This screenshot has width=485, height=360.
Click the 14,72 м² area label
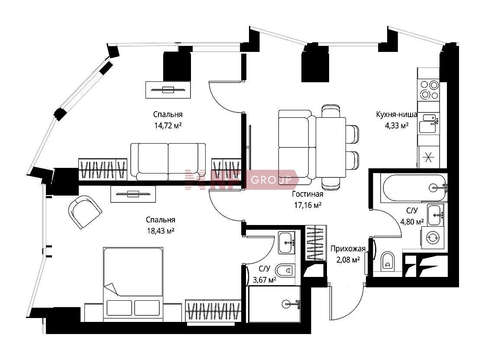(168, 126)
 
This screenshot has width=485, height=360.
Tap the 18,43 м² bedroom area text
(161, 231)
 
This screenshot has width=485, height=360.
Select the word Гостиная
(307, 194)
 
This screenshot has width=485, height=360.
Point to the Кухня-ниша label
(397, 114)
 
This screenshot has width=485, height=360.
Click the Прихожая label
(348, 249)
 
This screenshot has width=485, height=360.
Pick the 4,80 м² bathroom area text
(412, 222)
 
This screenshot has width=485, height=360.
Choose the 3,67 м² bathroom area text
(265, 280)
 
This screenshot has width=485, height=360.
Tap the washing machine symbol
(433, 238)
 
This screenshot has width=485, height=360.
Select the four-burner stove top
(429, 90)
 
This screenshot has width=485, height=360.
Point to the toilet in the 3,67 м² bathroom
(284, 271)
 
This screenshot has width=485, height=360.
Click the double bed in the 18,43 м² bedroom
(133, 284)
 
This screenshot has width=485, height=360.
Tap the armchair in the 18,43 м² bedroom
(85, 212)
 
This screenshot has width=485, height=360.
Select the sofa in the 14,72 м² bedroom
(168, 161)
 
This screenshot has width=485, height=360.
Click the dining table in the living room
(331, 147)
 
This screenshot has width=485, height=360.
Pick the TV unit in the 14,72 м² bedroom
(168, 90)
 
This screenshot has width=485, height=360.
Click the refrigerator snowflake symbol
(428, 157)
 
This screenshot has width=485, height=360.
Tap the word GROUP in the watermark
(271, 180)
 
